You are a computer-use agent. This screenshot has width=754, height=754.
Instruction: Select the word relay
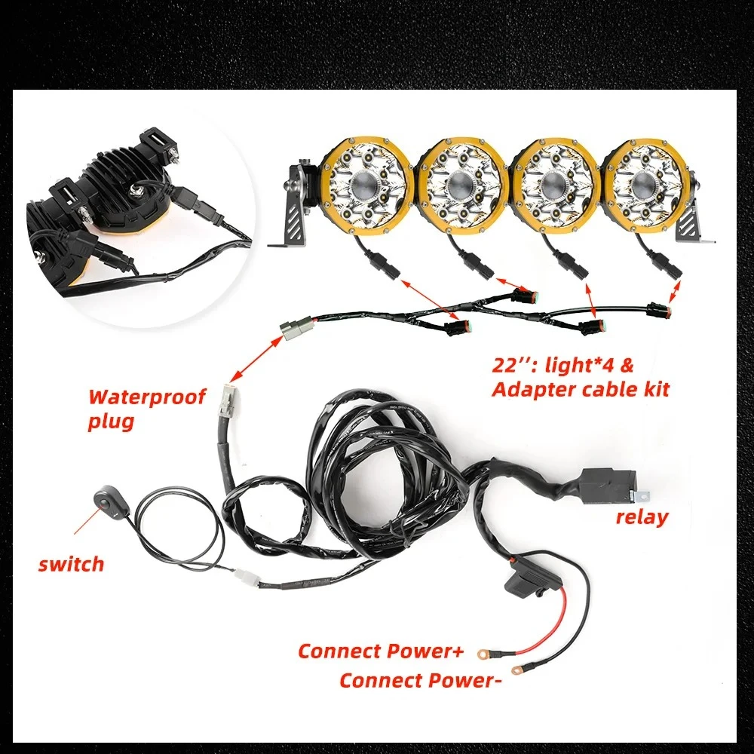642,516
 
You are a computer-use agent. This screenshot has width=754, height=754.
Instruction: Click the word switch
71,563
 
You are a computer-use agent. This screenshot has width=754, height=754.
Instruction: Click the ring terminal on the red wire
483,654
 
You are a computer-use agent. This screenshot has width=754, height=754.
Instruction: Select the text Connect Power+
381,651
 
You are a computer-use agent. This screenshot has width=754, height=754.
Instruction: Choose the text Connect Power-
418,681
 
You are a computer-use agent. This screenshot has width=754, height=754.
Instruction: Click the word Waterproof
147,398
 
